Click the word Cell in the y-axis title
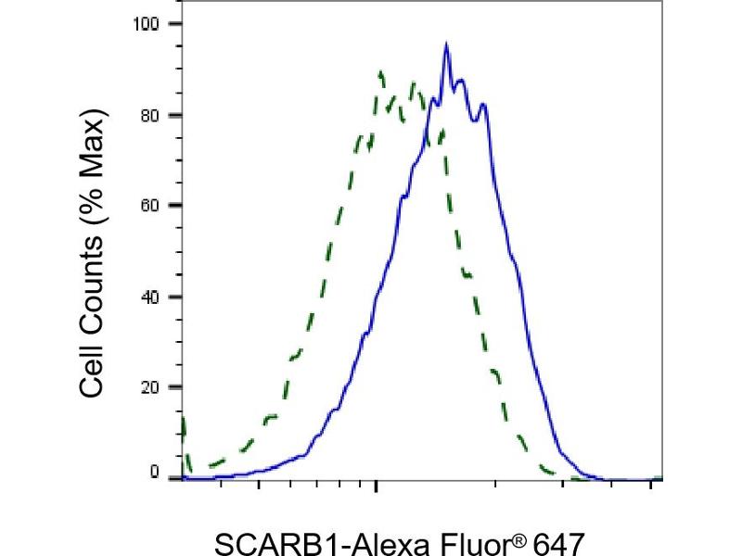tap(91, 371)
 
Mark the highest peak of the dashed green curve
tap(380, 71)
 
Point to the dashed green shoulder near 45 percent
tap(467, 274)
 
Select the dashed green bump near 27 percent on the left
tap(296, 354)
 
